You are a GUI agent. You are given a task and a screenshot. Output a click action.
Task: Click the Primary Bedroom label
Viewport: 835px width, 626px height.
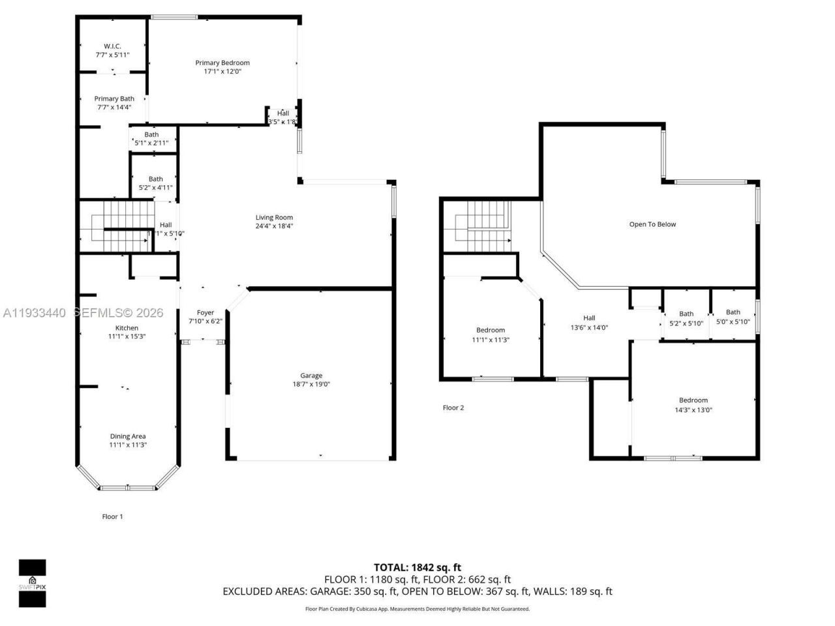222,63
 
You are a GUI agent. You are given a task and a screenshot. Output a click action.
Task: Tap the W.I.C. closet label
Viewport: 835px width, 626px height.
112,46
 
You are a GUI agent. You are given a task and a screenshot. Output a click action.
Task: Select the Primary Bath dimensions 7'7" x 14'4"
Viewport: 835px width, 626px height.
114,108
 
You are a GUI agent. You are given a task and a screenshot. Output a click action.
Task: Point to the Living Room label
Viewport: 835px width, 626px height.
274,218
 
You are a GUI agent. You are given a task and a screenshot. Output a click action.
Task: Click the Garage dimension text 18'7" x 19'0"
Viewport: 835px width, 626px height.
311,384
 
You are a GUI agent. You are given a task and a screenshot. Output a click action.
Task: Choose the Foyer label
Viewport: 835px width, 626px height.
205,313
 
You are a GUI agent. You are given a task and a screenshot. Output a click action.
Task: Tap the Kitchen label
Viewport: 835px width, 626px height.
127,328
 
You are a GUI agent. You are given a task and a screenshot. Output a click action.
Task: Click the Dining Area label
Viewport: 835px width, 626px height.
127,436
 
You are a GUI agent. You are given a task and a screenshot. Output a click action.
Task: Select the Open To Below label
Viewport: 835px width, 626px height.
652,224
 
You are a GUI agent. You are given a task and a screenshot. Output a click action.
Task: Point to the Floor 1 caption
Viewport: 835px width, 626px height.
112,516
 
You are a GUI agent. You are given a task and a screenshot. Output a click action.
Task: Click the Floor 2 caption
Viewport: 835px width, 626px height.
453,408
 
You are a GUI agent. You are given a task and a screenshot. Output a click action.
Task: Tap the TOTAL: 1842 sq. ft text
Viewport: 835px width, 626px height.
417,567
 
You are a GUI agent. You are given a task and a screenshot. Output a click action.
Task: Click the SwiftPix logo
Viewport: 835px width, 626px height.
32,583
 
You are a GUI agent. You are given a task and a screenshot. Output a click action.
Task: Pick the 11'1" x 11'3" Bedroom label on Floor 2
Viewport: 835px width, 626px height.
491,331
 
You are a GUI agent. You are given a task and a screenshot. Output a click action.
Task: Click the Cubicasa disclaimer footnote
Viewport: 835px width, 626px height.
417,609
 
